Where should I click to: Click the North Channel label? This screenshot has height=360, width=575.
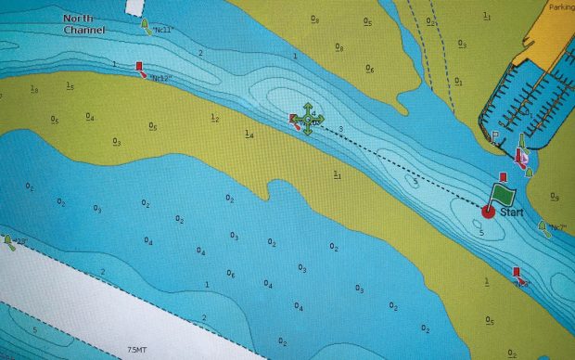pyautogui.click(x=84, y=24)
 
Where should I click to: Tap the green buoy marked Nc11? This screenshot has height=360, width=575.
pyautogui.click(x=147, y=27)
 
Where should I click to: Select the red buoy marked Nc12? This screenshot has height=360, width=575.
pyautogui.click(x=140, y=67)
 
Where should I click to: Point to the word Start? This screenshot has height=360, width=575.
pyautogui.click(x=512, y=212)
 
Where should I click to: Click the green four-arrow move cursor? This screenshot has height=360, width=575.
pyautogui.click(x=307, y=121)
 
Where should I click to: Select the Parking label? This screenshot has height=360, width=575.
pyautogui.click(x=561, y=6)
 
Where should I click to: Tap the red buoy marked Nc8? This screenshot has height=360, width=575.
pyautogui.click(x=517, y=274)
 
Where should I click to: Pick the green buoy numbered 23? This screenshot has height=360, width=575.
pyautogui.click(x=9, y=242)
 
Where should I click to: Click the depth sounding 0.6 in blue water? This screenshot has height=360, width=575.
pyautogui.click(x=231, y=274)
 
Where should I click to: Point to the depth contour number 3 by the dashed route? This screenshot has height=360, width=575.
pyautogui.click(x=341, y=129)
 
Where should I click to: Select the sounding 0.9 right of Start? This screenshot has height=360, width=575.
pyautogui.click(x=555, y=197)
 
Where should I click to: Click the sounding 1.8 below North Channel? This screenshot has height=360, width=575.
pyautogui.click(x=34, y=89)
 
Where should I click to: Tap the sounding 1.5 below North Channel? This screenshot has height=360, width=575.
pyautogui.click(x=70, y=85)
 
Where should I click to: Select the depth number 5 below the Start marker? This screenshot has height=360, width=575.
pyautogui.click(x=481, y=232)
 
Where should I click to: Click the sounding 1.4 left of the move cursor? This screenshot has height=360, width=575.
pyautogui.click(x=249, y=135)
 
